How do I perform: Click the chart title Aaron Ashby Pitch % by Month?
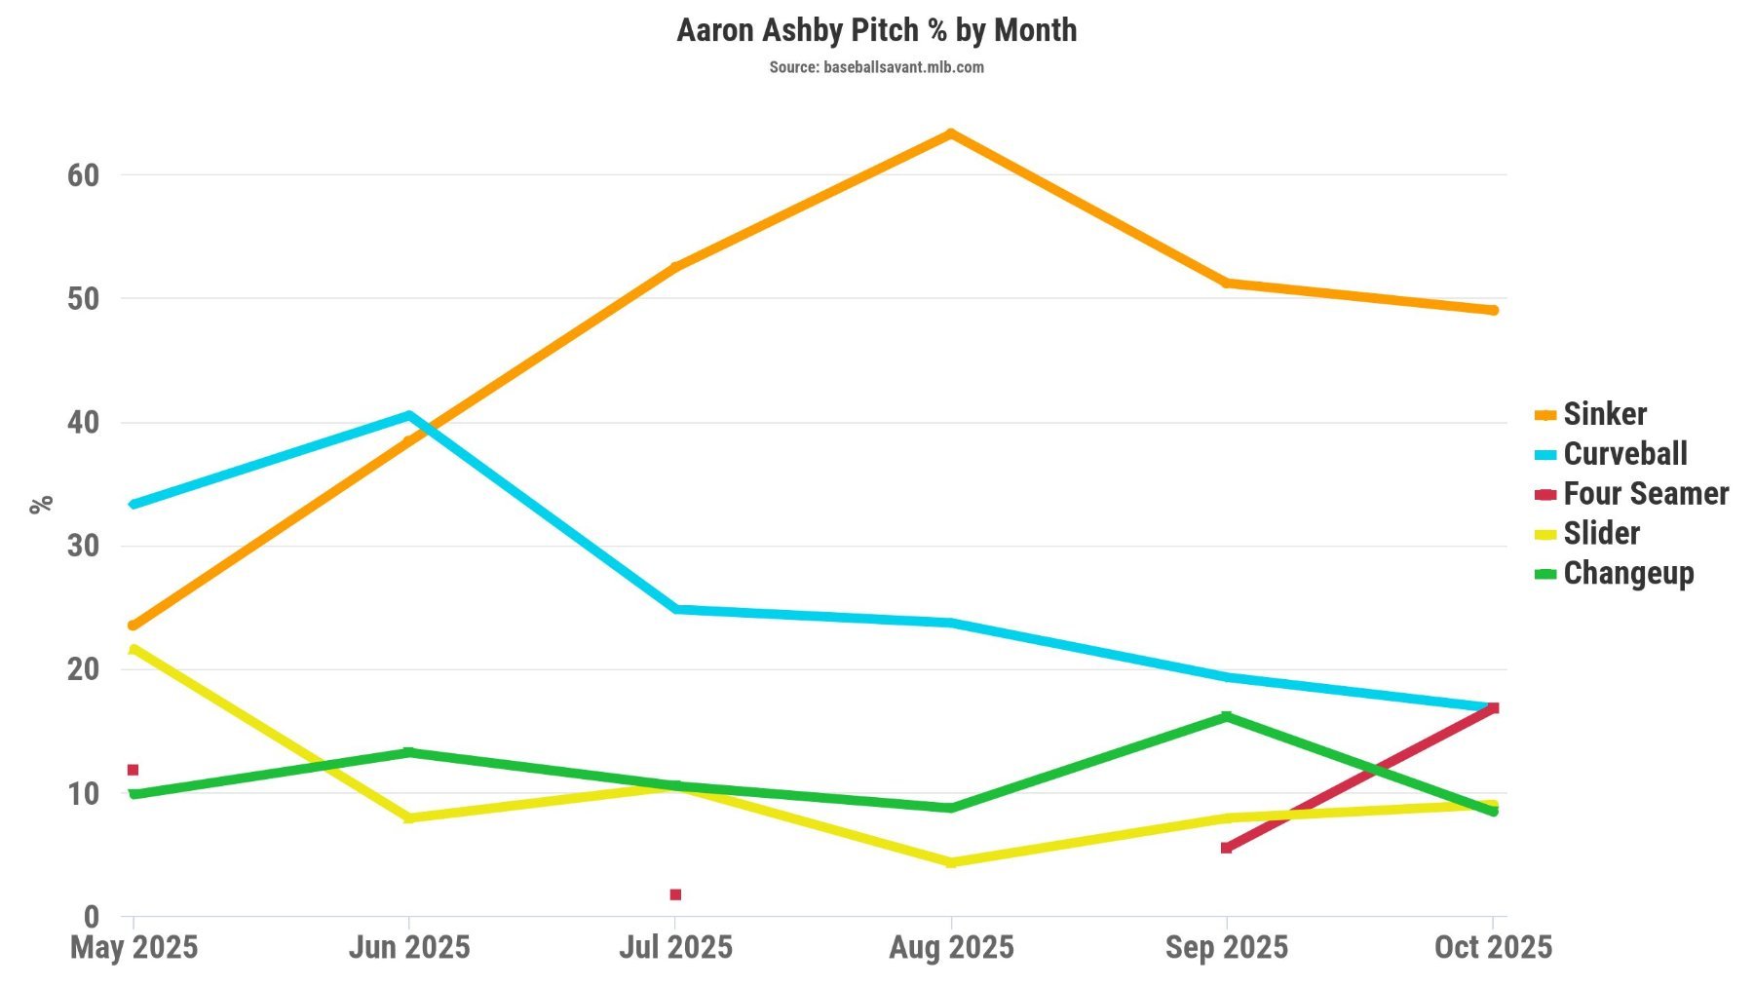(x=876, y=30)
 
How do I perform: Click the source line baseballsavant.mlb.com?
(x=876, y=67)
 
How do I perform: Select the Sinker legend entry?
(x=1604, y=414)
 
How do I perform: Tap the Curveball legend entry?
(x=1624, y=454)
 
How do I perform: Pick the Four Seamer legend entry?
(x=1645, y=494)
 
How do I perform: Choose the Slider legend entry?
(x=1601, y=534)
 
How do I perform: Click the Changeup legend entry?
(x=1627, y=574)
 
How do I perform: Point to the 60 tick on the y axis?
(x=84, y=175)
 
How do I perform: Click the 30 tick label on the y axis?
(x=84, y=546)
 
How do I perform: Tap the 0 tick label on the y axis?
(x=92, y=917)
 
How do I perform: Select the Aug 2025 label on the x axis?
(x=951, y=947)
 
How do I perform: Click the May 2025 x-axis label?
(x=133, y=947)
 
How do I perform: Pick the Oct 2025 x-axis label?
(x=1492, y=947)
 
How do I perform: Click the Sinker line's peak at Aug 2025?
(x=951, y=133)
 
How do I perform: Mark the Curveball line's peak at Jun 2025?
(x=408, y=415)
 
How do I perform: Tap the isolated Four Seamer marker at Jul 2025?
(x=675, y=894)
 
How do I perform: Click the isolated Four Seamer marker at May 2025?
(x=133, y=770)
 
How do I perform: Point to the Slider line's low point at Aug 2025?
(x=951, y=862)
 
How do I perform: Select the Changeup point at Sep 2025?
(x=1226, y=717)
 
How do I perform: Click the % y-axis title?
(x=41, y=505)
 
